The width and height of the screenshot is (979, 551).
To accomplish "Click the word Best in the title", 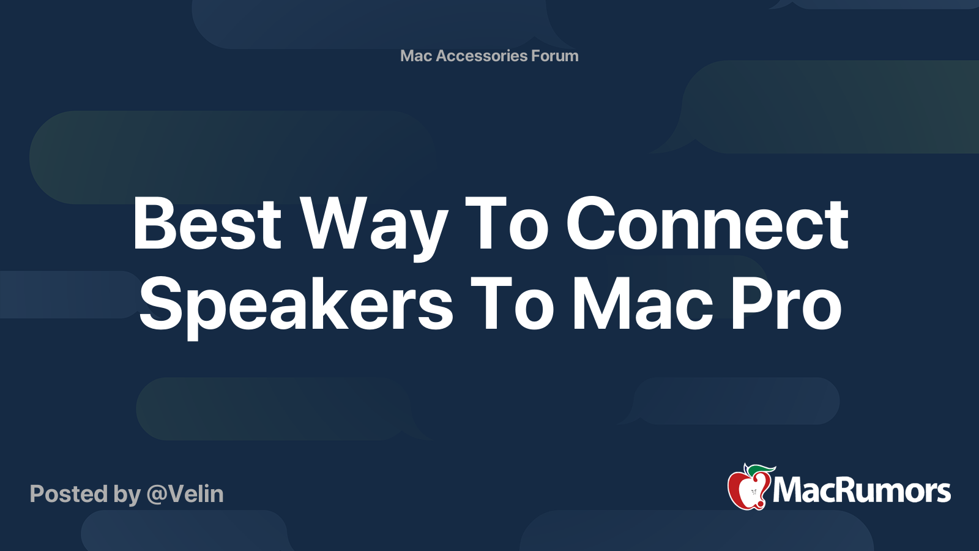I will pos(206,224).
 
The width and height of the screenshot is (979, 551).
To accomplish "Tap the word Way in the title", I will pos(374,225).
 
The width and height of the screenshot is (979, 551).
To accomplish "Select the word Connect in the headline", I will pos(707,224).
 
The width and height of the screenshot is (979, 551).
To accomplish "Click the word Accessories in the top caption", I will pos(482,56).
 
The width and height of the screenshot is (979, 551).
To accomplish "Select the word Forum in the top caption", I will pos(554,56).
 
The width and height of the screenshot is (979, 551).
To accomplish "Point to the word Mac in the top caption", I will pos(416,56).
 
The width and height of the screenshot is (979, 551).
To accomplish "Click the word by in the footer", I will pos(127,495).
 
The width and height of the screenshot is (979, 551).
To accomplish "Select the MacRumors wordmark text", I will pos(862,491).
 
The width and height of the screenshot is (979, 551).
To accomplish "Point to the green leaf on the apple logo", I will pos(761,470).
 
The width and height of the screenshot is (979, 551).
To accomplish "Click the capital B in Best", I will pos(153,224).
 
